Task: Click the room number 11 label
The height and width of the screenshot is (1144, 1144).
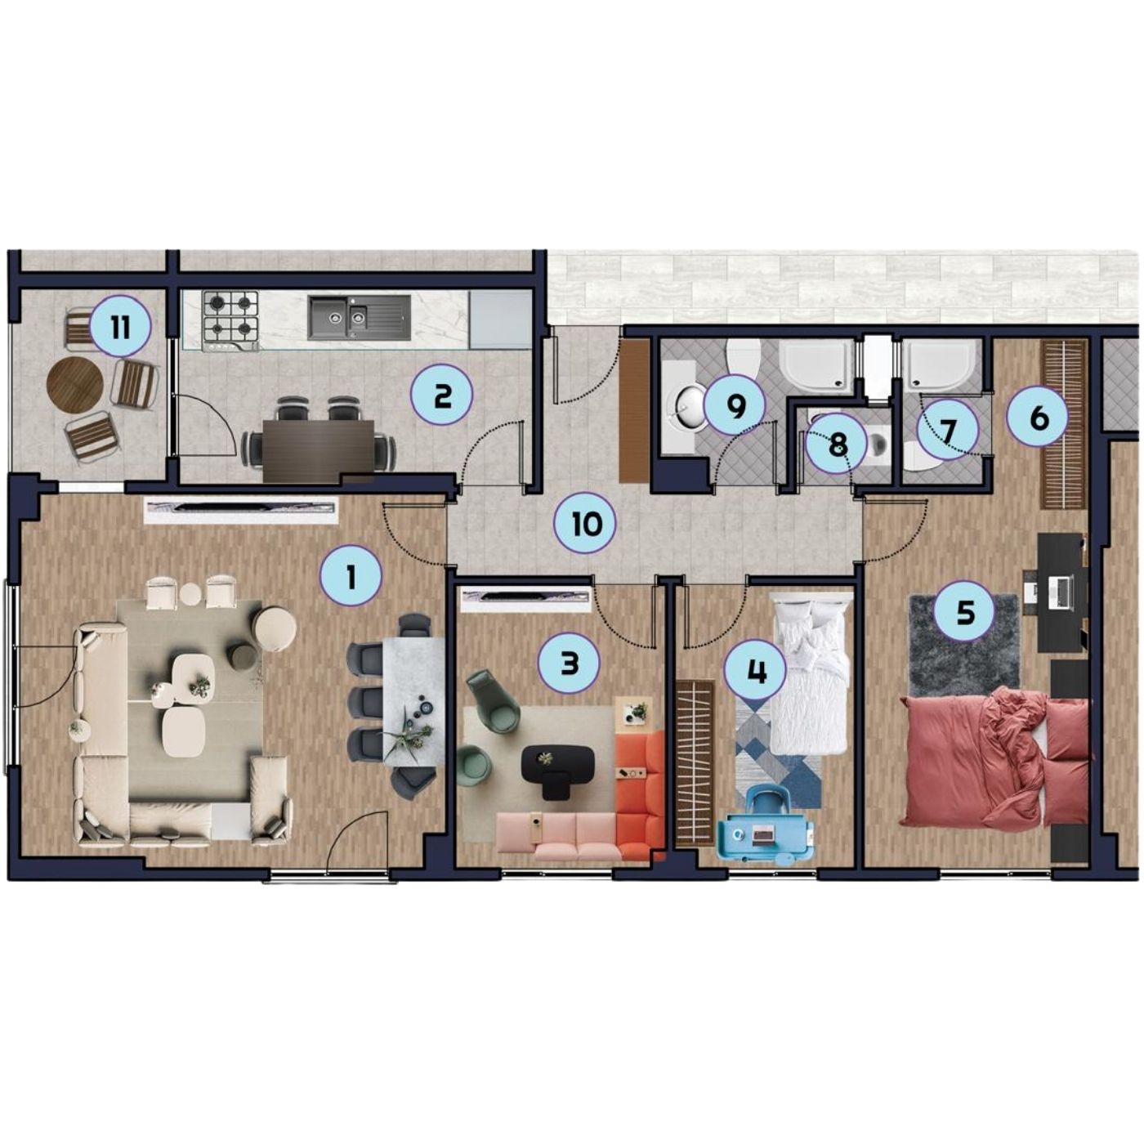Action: pos(120,327)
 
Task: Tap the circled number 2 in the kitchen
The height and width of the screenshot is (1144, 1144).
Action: pos(442,396)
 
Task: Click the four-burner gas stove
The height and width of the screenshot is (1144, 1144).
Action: pos(230,320)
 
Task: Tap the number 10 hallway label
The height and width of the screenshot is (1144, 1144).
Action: pos(585,524)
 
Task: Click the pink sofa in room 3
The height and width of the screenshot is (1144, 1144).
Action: pos(557,837)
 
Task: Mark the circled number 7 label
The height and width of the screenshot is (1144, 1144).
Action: pos(946,430)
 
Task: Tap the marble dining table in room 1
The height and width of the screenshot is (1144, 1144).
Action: pos(414,700)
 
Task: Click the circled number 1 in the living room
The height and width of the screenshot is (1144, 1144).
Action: pos(351,576)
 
